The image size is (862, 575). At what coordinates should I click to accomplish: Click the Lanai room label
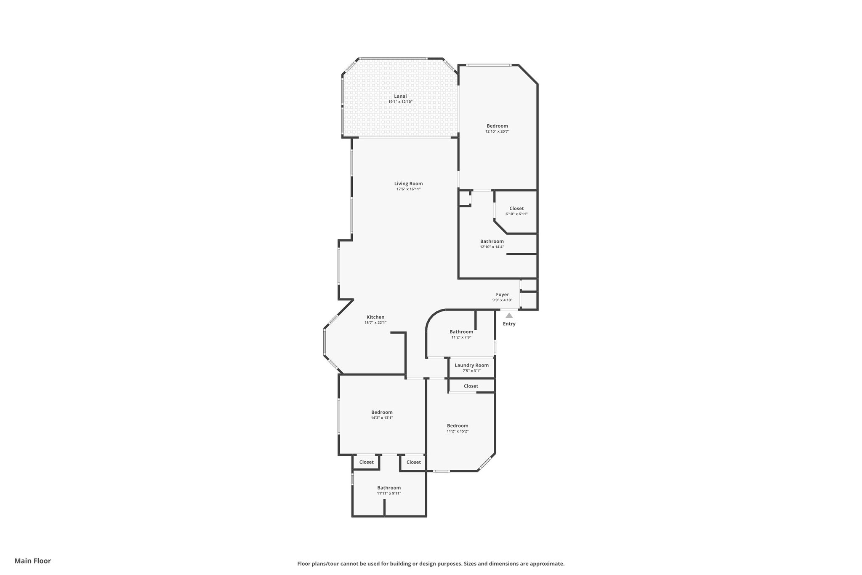[400, 96]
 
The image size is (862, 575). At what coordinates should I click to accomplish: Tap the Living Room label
[408, 183]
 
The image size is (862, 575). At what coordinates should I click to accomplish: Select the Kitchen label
[375, 317]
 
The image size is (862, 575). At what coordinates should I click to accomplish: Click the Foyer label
[502, 294]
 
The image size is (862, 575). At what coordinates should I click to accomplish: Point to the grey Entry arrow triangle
[509, 315]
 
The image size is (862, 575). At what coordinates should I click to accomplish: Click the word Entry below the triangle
[509, 324]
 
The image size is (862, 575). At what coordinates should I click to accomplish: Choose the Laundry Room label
[471, 365]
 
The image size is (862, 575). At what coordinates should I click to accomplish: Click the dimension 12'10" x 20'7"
[497, 131]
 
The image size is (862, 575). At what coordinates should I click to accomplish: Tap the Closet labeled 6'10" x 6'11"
[516, 209]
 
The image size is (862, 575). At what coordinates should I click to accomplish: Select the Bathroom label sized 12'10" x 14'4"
[492, 241]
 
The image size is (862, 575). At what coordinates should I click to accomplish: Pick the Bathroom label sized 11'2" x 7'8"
[461, 332]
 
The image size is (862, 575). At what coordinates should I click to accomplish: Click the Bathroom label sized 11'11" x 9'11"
[388, 488]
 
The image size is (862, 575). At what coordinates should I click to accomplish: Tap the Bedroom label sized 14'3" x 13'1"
[382, 412]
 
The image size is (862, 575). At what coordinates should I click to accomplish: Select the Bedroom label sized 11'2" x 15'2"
[458, 425]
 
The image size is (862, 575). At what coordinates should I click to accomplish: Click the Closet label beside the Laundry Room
[471, 386]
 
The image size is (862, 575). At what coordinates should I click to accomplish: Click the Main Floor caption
[32, 561]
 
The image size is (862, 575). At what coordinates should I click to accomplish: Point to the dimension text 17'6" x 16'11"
[408, 189]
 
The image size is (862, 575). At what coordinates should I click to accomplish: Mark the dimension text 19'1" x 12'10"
[400, 102]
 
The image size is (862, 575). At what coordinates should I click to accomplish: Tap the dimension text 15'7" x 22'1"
[375, 323]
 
